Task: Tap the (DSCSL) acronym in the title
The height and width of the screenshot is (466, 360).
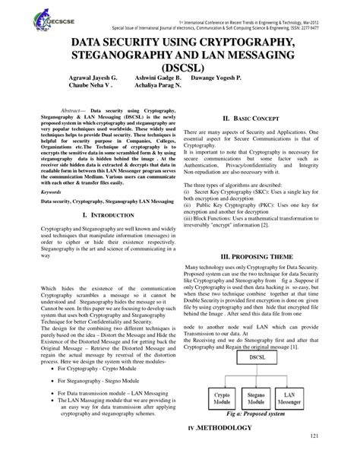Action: point(179,71)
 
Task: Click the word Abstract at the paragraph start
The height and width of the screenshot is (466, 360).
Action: point(72,111)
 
